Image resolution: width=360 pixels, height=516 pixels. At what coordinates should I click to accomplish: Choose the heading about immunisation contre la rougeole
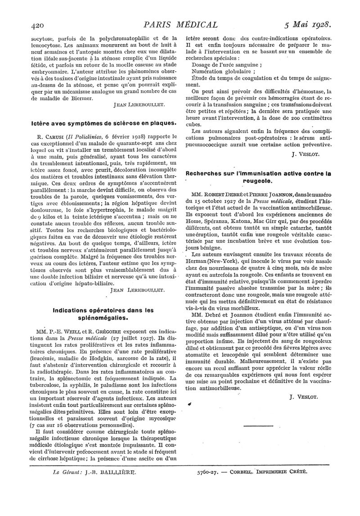[x=258, y=177]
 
